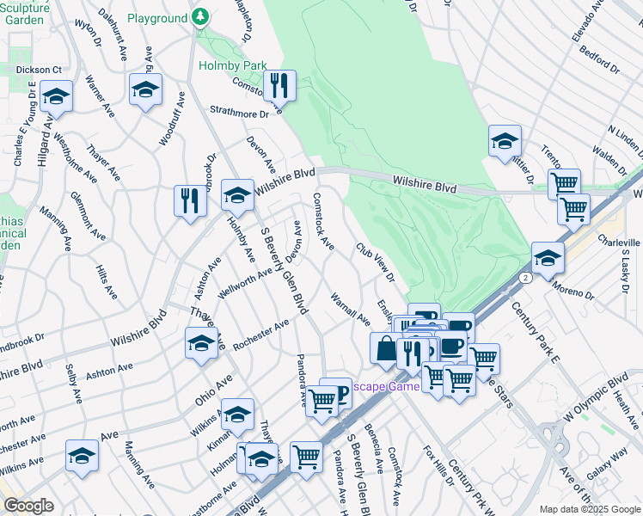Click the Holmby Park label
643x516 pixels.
(232, 65)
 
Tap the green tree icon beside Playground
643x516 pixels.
(199, 17)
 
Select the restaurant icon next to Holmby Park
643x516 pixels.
(279, 86)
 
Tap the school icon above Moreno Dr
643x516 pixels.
(548, 257)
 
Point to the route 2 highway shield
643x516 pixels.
(524, 278)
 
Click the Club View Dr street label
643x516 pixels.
(376, 261)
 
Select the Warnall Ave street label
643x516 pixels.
(350, 309)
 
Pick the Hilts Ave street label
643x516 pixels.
(106, 280)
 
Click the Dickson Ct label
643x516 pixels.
(39, 70)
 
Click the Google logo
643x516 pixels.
(28, 506)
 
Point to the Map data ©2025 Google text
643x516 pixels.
(589, 509)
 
